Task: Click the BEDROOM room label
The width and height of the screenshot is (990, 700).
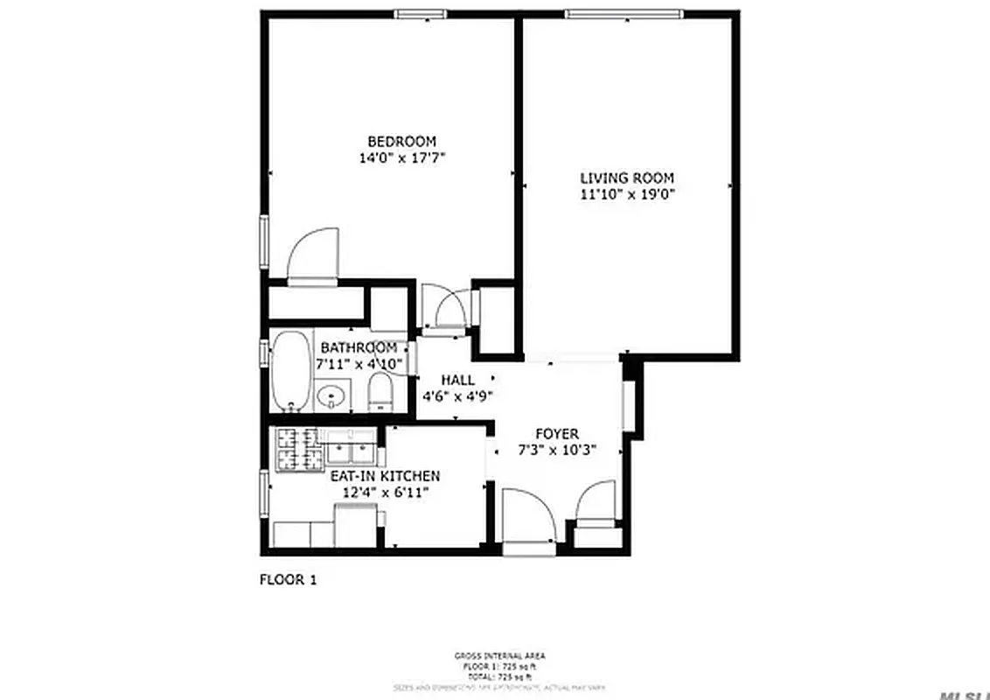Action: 401,142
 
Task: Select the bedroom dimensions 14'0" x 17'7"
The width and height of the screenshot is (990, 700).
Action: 401,158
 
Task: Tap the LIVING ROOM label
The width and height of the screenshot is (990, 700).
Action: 627,178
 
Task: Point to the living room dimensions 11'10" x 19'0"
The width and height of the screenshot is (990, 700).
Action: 627,194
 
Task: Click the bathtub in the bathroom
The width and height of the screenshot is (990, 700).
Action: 289,371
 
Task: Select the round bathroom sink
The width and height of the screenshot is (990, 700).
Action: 331,398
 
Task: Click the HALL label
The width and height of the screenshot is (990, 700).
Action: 457,380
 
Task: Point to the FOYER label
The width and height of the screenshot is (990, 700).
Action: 557,434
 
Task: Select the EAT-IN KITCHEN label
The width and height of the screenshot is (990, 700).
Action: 384,476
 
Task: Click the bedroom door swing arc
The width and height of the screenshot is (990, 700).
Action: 312,254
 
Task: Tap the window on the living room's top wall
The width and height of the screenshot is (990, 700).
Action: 623,13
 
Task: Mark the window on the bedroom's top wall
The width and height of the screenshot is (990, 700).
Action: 422,13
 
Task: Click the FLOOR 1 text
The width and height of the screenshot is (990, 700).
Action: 288,578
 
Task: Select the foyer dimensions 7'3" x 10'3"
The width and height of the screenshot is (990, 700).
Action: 557,451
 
